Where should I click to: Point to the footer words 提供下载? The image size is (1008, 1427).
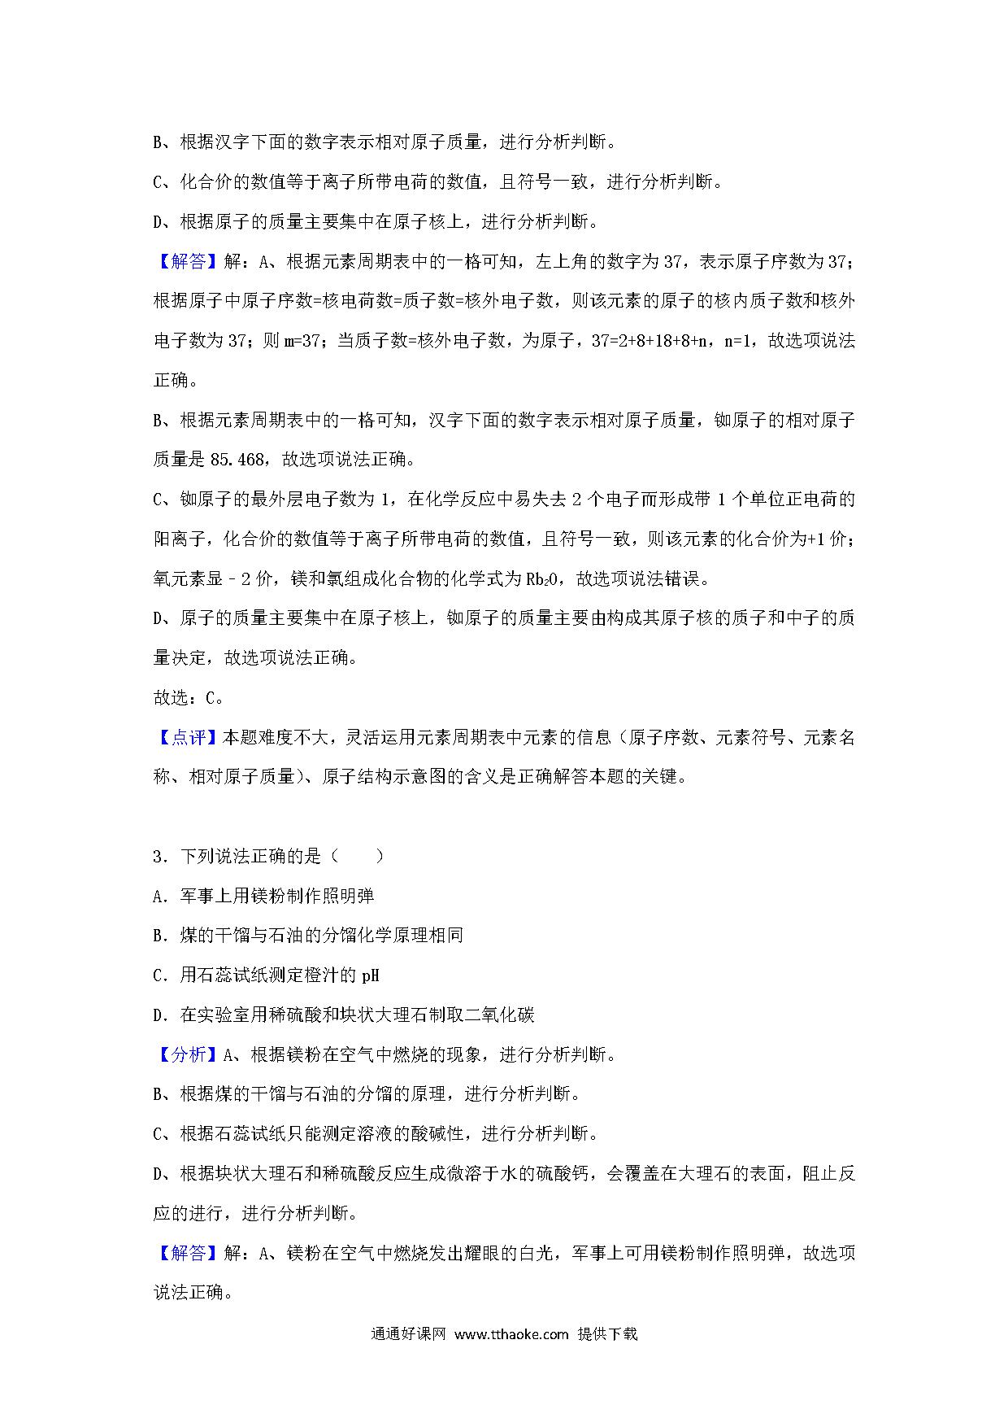pyautogui.click(x=607, y=1334)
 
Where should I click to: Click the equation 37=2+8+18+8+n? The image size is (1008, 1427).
pyautogui.click(x=650, y=341)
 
